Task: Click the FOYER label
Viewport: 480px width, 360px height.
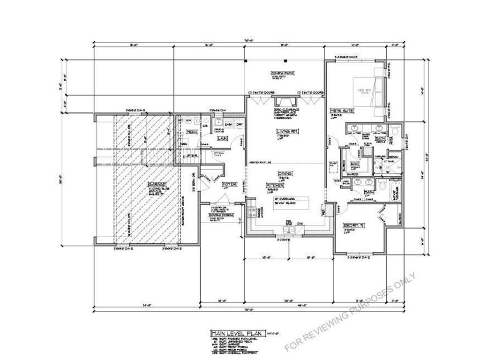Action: [x=229, y=184]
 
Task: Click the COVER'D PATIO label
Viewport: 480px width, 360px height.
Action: [x=282, y=74]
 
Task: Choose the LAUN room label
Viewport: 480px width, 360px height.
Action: [x=222, y=138]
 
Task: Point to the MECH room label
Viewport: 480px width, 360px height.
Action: [x=191, y=132]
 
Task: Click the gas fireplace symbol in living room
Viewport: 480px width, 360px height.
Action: [x=285, y=102]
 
